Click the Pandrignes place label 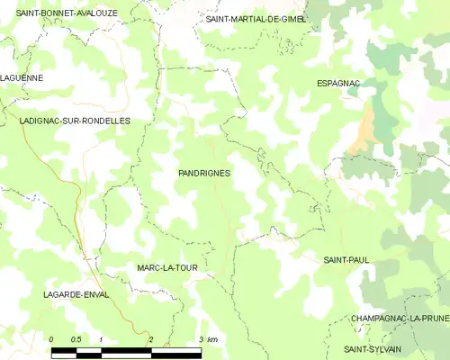tap(204, 172)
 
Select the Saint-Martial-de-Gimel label tap(256, 19)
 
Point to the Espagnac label tap(338, 84)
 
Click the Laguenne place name tap(22, 78)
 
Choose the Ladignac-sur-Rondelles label tap(75, 121)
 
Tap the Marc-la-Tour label tap(166, 268)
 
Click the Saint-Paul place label tap(346, 260)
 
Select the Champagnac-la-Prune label tap(400, 319)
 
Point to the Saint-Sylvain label tap(373, 348)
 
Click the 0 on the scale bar tap(51, 338)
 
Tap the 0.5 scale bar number tap(76, 338)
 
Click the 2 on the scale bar tap(150, 338)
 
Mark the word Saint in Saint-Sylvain tap(359, 348)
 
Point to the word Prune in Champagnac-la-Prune tap(433, 319)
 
